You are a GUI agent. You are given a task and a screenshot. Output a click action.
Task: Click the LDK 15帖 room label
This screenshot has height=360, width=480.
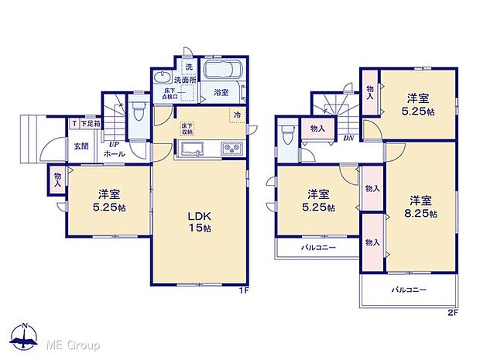point(199,221)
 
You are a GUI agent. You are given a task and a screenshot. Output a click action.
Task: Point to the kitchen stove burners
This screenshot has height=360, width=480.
point(231,149)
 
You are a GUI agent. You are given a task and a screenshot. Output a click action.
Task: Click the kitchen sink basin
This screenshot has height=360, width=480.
point(190,149)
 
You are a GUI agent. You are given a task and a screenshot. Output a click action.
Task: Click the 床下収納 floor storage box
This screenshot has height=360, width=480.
point(187,129)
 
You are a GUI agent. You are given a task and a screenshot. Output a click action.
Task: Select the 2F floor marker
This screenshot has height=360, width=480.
point(453,314)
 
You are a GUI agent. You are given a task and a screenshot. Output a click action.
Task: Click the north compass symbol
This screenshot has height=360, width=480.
point(26,336)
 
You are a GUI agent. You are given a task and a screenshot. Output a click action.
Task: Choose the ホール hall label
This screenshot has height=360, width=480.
point(115,153)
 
